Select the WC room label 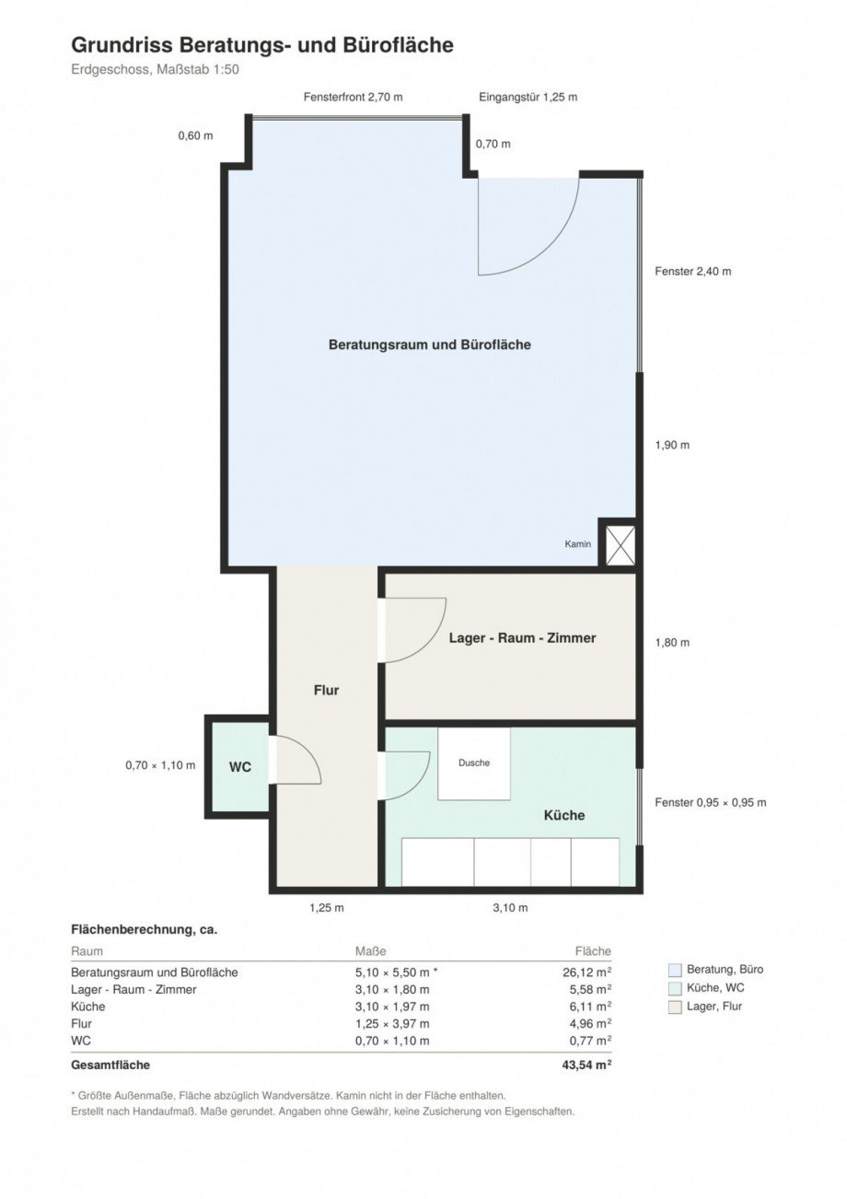(x=240, y=767)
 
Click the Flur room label (x=327, y=690)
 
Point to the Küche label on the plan (x=564, y=815)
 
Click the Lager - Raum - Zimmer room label (x=522, y=637)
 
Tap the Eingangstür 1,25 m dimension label (x=528, y=97)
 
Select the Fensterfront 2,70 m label (x=354, y=97)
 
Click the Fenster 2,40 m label (x=693, y=271)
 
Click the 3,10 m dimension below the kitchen (x=510, y=907)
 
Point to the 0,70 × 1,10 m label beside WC (x=160, y=765)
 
